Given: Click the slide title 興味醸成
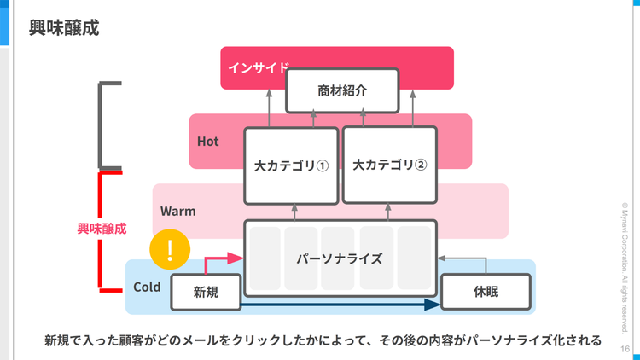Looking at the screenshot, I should (64, 28).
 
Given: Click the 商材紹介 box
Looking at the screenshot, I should (341, 90).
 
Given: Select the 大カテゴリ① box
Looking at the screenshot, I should (291, 165).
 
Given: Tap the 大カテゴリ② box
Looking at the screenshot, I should (389, 165).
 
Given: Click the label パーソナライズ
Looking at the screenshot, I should (340, 258).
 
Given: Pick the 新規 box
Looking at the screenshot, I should (206, 293).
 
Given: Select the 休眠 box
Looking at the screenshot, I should (486, 293).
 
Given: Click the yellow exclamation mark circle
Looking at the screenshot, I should (170, 250).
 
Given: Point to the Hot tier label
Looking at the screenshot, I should (208, 142).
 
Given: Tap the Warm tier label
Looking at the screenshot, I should (177, 210).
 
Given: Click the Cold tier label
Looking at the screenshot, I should (147, 287).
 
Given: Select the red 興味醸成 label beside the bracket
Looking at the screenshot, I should (102, 229).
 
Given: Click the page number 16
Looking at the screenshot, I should (625, 349).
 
